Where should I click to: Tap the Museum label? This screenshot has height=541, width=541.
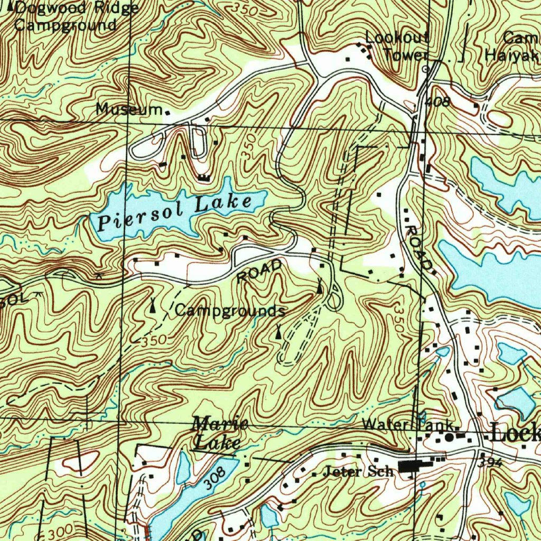pyautogui.click(x=129, y=109)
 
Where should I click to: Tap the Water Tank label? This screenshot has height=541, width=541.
pyautogui.click(x=407, y=425)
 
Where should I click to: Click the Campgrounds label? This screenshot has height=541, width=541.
pyautogui.click(x=230, y=311)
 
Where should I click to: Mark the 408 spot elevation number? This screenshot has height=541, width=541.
pyautogui.click(x=437, y=101)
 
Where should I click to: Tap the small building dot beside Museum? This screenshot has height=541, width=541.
pyautogui.click(x=168, y=113)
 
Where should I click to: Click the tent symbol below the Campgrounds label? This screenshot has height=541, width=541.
pyautogui.click(x=278, y=332)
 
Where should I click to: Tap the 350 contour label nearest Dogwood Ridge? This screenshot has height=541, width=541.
pyautogui.click(x=246, y=10)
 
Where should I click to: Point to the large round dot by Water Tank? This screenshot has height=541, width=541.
pyautogui.click(x=450, y=437)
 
